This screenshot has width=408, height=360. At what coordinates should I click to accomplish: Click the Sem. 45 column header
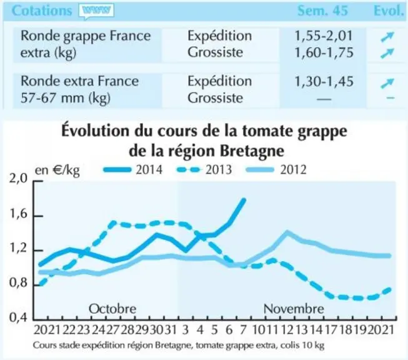(322, 11)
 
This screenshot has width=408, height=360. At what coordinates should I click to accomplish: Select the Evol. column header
(388, 11)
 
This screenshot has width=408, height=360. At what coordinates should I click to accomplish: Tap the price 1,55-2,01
(324, 36)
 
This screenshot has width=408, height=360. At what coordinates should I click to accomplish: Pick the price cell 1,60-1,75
(324, 52)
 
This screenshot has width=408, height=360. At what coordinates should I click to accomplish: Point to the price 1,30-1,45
(324, 81)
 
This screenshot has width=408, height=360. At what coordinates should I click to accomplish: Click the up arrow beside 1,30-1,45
(387, 83)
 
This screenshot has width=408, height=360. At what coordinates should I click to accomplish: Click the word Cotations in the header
(42, 11)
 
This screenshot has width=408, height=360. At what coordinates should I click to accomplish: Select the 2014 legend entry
(133, 170)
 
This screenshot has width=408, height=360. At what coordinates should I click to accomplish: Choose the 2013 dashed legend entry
(204, 170)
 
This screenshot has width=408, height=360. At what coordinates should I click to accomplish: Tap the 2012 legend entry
(276, 170)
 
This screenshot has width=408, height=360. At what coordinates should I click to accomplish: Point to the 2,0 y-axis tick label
(18, 179)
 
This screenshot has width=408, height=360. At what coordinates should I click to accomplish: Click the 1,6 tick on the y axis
(18, 214)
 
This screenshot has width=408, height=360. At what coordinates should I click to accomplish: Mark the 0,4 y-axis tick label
(18, 317)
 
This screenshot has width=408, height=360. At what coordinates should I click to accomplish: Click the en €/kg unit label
(57, 170)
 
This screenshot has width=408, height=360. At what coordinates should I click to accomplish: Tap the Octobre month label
(112, 309)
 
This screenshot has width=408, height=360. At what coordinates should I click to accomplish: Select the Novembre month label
(294, 309)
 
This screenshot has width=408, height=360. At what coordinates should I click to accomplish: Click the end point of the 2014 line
(244, 200)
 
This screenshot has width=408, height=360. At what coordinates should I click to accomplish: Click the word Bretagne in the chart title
(252, 151)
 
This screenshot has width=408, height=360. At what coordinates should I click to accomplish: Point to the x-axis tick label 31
(171, 330)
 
